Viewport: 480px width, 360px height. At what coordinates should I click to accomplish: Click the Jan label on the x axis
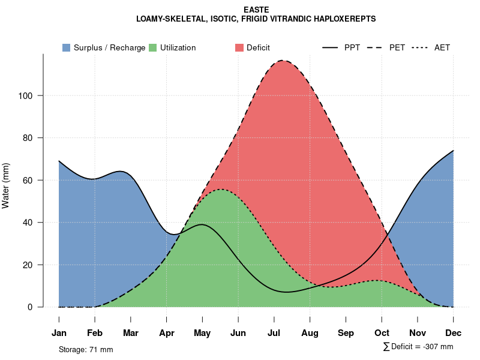pyautogui.click(x=59, y=333)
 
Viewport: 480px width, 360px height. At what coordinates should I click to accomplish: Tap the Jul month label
pyautogui.click(x=274, y=333)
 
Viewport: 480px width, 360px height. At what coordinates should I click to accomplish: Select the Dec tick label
pyautogui.click(x=454, y=333)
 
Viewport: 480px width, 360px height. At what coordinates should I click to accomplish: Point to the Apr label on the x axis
pyautogui.click(x=167, y=333)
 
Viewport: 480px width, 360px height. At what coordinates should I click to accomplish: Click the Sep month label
pyautogui.click(x=346, y=333)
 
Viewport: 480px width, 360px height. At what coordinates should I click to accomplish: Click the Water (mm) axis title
pyautogui.click(x=6, y=185)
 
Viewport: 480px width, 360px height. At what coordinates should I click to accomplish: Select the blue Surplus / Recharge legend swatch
pyautogui.click(x=66, y=47)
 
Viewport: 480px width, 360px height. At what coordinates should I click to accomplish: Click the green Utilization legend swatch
pyautogui.click(x=152, y=47)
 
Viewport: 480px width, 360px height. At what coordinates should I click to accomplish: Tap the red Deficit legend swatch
pyautogui.click(x=239, y=47)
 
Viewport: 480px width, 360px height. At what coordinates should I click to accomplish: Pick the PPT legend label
pyautogui.click(x=352, y=48)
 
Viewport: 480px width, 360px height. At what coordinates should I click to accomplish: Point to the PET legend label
pyautogui.click(x=397, y=48)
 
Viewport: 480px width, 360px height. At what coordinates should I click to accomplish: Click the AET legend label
pyautogui.click(x=442, y=48)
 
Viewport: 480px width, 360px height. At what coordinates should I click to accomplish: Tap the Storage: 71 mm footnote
pyautogui.click(x=86, y=349)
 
